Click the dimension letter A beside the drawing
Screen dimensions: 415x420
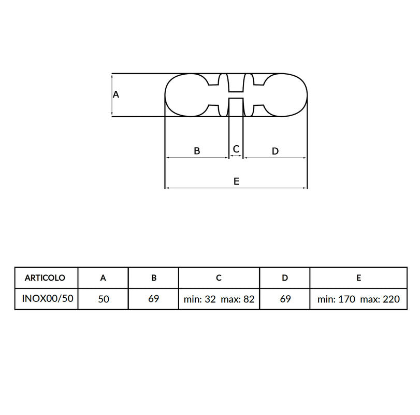(116, 94)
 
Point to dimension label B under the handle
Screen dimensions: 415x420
(197, 151)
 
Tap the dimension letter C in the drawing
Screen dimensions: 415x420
(236, 149)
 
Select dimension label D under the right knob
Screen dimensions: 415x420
(275, 151)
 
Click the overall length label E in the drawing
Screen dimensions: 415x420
(236, 181)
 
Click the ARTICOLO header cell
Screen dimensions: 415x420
(45, 278)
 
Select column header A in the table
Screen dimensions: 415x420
(103, 278)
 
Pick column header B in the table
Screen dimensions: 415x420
(154, 278)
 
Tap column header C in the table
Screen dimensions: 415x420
(219, 278)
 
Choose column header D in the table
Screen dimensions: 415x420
(285, 278)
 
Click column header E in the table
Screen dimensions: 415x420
(358, 278)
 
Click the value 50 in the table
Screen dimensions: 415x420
(103, 299)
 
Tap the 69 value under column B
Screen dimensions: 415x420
(154, 299)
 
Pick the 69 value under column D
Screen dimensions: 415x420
(285, 299)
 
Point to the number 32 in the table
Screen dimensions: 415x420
(210, 299)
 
